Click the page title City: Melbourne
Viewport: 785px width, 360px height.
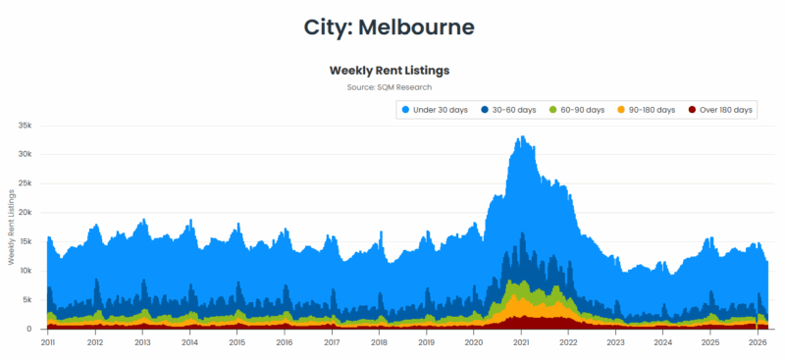392,26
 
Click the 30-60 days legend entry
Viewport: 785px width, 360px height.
514,110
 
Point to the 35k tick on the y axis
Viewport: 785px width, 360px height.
26,126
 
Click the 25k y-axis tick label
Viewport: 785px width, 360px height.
26,183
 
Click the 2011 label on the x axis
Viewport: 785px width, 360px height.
48,343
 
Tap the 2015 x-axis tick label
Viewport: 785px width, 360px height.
236,343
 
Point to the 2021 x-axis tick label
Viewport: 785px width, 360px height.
521,343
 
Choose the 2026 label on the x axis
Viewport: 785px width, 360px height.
758,343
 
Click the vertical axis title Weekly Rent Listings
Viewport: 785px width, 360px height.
11,227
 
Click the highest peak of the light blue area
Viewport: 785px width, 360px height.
522,137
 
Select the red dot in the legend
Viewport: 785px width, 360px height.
693,110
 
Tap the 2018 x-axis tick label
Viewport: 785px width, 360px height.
379,343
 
